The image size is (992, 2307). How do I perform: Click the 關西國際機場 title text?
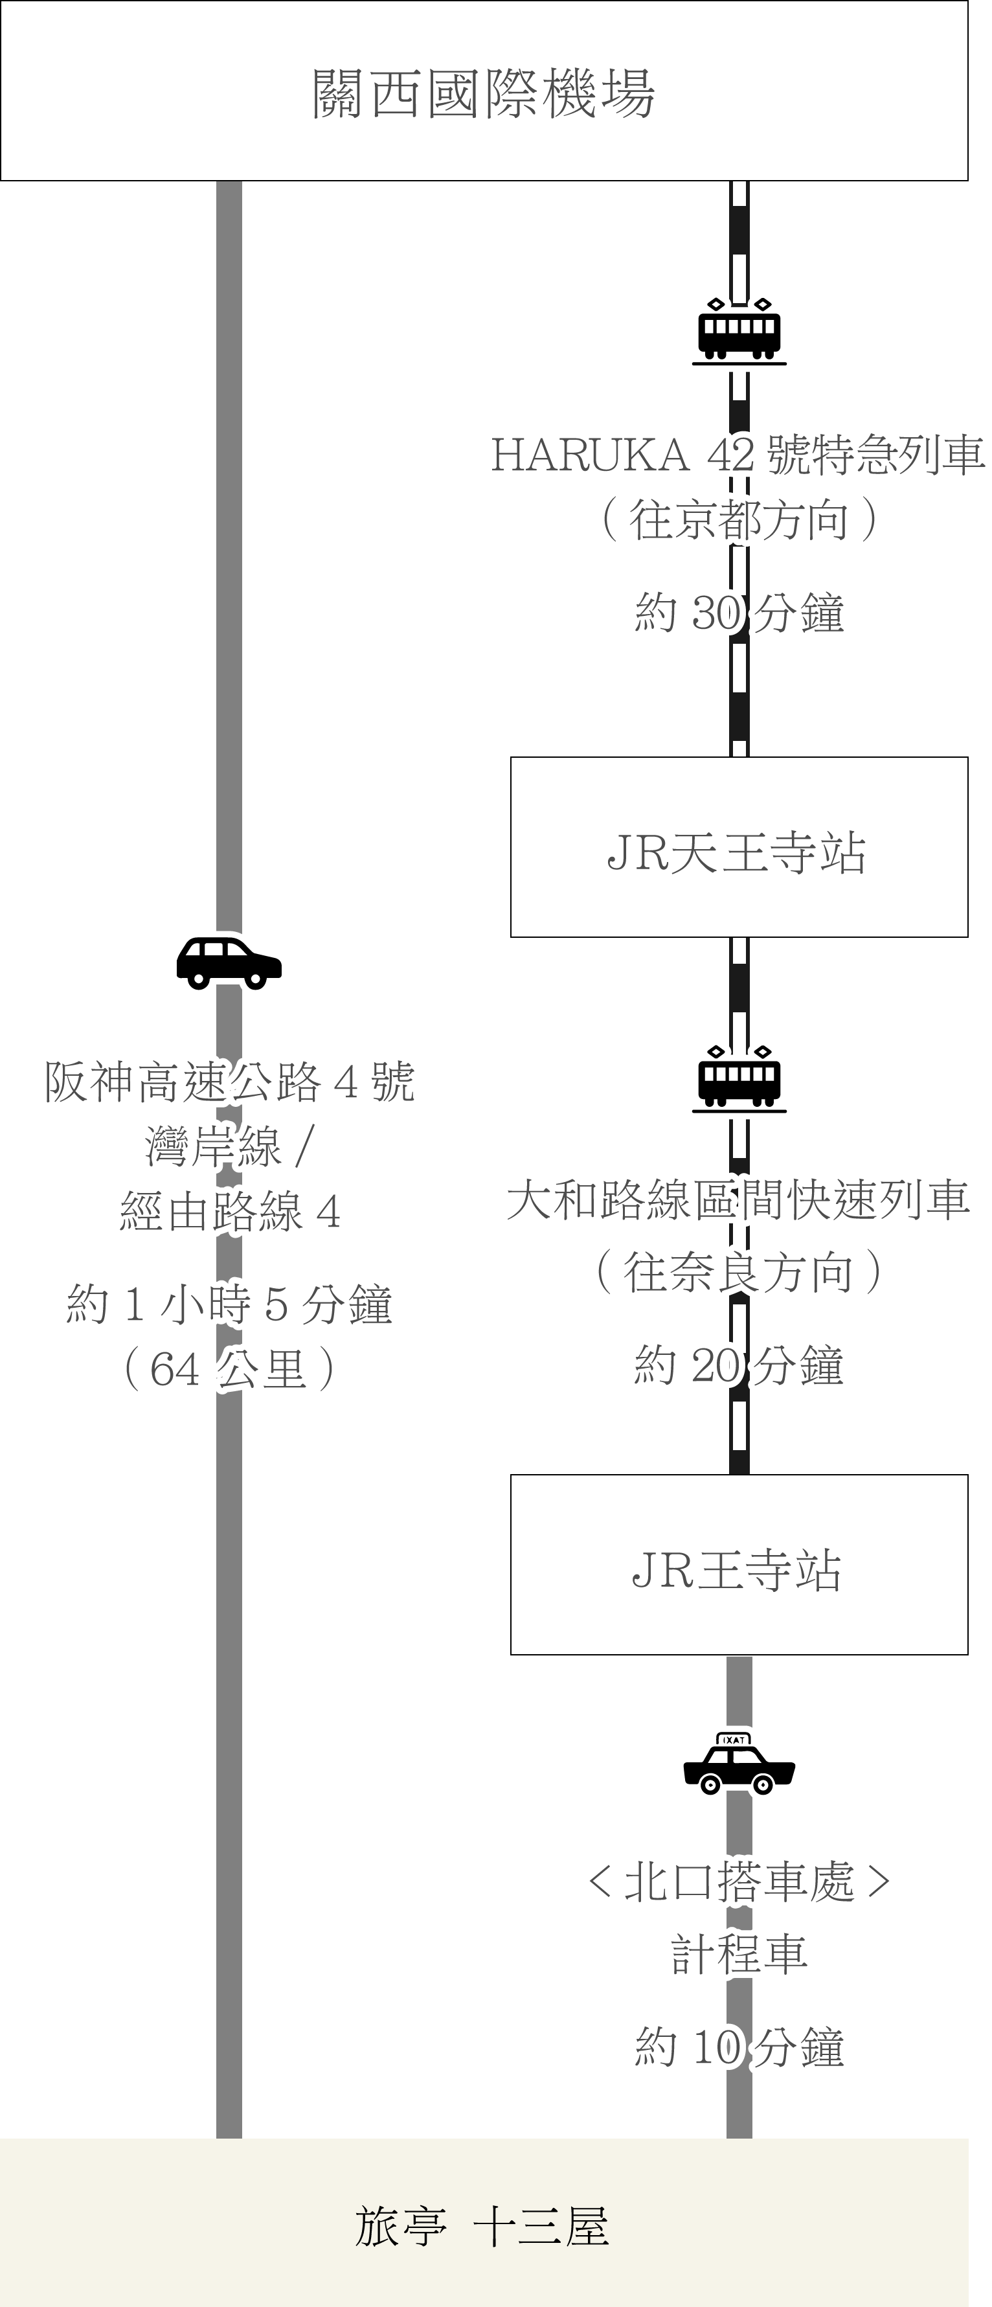pos(484,93)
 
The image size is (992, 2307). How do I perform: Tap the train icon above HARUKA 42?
pos(739,332)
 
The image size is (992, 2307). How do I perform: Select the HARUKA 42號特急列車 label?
pos(739,455)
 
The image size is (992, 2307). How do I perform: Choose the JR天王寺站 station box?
pos(739,847)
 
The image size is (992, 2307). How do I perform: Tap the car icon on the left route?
pos(229,962)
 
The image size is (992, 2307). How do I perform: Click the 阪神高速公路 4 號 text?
pos(230,1082)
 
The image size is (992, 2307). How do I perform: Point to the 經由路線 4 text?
pos(230,1214)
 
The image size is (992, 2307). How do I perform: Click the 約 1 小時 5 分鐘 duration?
pos(229,1305)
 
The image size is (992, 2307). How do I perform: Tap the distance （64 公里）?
pos(229,1370)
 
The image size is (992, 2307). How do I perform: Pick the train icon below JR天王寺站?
pos(739,1079)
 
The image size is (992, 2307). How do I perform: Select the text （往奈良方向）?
pos(739,1272)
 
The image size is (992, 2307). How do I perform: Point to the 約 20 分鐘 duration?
pos(739,1366)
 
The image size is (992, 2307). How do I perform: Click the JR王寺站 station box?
pos(739,1565)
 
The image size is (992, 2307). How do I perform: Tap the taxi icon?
pos(739,1764)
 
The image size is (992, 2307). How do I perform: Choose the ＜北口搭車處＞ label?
pos(739,1883)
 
